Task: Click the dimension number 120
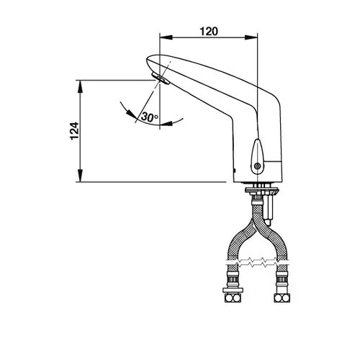point(209,32)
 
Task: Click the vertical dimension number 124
point(74,131)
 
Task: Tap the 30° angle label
point(149,117)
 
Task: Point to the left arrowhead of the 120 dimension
point(166,37)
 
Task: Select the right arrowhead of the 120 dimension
point(251,37)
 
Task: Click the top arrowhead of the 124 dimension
point(80,86)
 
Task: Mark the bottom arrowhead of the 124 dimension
point(80,176)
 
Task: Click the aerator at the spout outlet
point(161,78)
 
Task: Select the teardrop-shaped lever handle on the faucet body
point(257,156)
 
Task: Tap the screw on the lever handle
point(257,166)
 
